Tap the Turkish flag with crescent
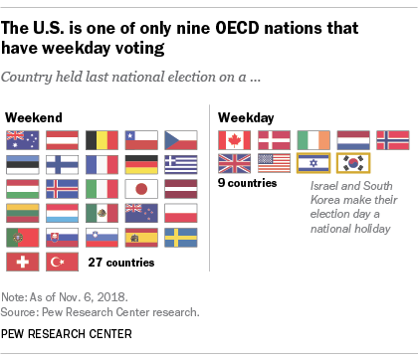(x=60, y=262)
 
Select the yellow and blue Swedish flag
(x=180, y=237)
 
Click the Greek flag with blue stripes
(x=180, y=163)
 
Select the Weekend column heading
(x=30, y=117)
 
